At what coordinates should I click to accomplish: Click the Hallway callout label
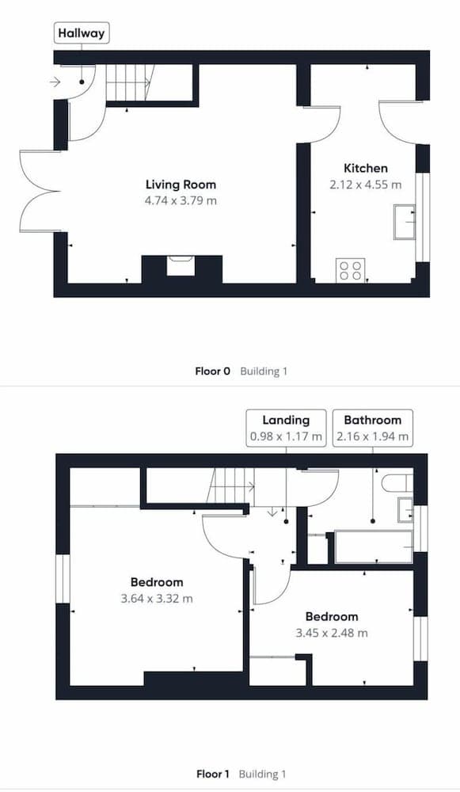(82, 33)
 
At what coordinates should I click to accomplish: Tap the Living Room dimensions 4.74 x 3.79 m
(181, 200)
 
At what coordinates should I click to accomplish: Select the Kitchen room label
(366, 168)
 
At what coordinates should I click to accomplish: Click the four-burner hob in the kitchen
(351, 270)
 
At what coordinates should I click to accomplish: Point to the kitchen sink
(405, 222)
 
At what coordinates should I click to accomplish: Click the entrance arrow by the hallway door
(55, 82)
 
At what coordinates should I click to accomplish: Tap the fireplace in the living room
(180, 265)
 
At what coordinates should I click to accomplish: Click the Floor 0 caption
(212, 371)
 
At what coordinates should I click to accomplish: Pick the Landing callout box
(286, 428)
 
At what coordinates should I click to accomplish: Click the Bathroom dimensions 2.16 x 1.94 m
(373, 436)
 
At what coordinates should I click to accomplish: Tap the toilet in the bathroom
(397, 483)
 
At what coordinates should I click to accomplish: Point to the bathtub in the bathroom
(374, 546)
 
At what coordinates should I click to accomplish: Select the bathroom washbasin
(405, 509)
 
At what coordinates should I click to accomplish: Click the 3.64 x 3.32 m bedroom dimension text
(157, 599)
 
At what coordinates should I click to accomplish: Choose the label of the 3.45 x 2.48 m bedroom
(332, 617)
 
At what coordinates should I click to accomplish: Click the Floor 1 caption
(212, 774)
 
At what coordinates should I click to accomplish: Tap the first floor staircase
(232, 486)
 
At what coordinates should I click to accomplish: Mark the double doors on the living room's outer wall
(40, 192)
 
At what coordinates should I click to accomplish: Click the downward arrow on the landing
(272, 512)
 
